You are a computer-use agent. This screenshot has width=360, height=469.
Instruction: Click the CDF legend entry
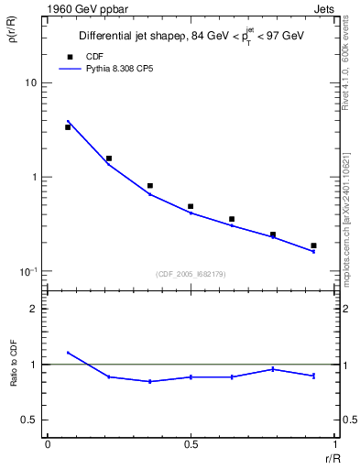88,56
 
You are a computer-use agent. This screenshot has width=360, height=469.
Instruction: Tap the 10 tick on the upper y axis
29,82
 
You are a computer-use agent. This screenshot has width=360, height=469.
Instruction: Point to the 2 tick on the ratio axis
34,309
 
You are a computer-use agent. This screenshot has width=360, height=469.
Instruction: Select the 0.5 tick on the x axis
191,443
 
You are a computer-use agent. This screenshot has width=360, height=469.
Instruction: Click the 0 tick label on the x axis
48,443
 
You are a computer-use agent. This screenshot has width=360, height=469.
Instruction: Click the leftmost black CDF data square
68,127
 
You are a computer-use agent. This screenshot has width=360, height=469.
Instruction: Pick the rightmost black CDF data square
313,245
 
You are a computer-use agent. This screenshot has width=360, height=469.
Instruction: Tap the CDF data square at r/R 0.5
191,207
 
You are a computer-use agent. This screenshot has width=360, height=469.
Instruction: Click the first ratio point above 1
68,353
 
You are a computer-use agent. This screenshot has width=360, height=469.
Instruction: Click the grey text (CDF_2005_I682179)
191,272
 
